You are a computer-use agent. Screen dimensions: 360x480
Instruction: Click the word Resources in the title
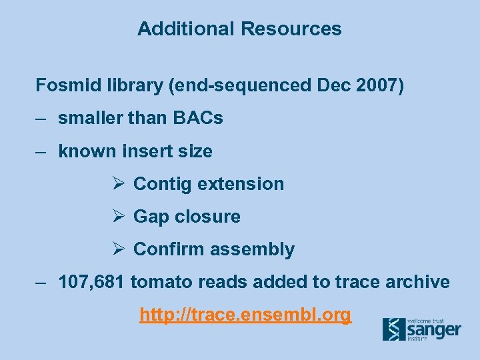coord(291,29)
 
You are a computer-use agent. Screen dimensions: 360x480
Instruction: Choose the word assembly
coord(260,250)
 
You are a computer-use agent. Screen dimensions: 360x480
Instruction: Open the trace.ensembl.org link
coord(245,315)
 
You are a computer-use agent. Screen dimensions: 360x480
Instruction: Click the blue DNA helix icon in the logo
coord(393,329)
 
